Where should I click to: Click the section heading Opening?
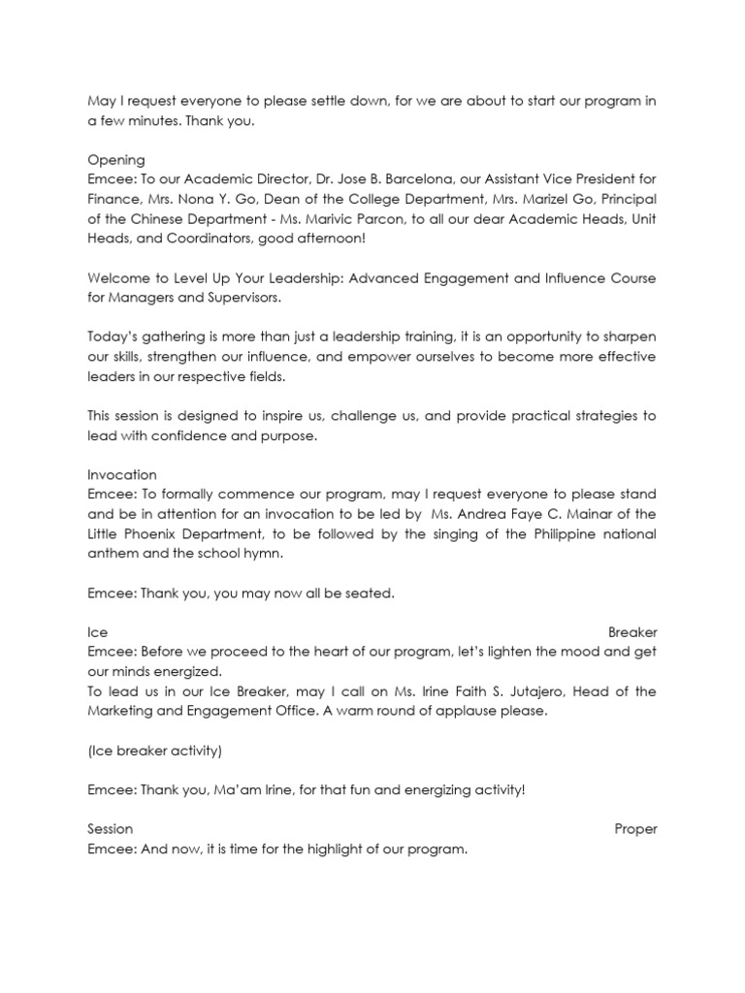[116, 159]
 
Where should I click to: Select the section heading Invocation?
[122, 474]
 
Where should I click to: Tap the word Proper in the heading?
[635, 829]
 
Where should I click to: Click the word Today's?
[114, 336]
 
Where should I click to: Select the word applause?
[470, 711]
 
